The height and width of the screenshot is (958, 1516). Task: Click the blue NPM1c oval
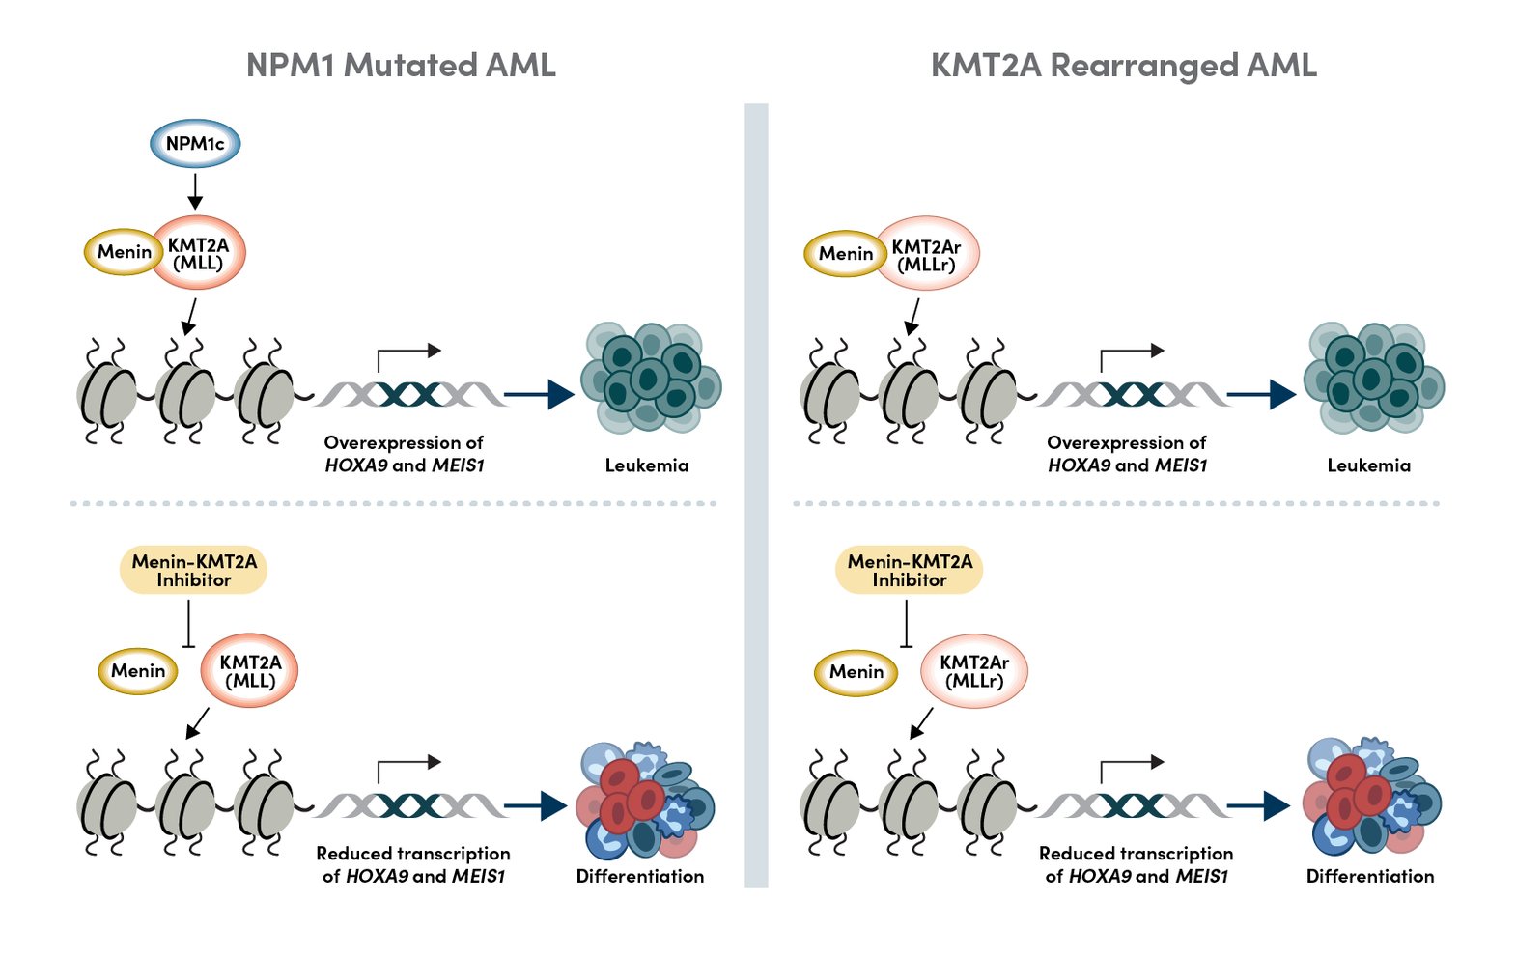point(195,144)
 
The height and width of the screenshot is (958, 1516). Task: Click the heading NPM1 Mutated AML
point(401,65)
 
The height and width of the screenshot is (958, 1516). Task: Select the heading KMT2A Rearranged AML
point(1123,65)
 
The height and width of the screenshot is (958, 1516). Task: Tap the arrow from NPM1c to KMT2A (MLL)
point(195,190)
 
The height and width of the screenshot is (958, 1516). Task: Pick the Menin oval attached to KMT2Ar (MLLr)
point(845,254)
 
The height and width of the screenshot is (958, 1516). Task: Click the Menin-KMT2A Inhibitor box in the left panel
point(193,571)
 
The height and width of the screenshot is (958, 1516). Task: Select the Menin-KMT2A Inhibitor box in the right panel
point(909,571)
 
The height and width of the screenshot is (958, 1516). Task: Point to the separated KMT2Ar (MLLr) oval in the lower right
point(973,671)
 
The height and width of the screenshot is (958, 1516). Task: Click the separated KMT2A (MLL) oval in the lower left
point(249,671)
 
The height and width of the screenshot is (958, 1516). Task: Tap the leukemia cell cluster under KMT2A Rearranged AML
point(1372,378)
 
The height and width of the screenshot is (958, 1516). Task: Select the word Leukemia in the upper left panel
point(646,465)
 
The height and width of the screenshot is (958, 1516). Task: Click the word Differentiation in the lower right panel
point(1369,877)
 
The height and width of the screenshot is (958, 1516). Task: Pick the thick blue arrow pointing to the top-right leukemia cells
point(1260,394)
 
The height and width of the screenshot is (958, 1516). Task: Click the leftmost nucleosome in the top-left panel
point(106,394)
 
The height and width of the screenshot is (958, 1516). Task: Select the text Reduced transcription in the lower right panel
point(1136,854)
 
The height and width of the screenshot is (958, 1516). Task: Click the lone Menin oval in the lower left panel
point(138,671)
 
